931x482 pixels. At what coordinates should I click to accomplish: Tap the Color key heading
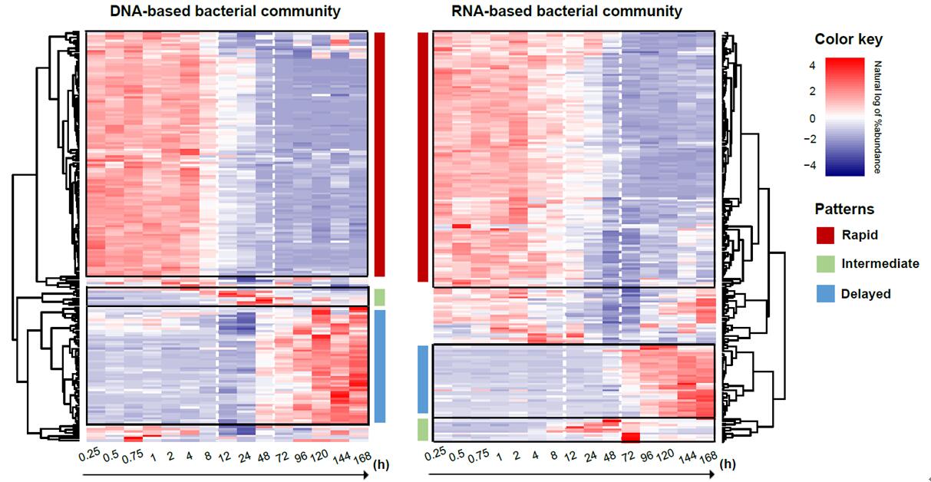point(848,39)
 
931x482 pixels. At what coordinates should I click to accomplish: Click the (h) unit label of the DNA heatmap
point(381,464)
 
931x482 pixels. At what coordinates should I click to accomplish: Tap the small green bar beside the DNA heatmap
point(379,297)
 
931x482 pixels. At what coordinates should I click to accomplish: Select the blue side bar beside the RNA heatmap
point(422,379)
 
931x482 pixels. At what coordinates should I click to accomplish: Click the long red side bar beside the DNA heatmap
point(379,154)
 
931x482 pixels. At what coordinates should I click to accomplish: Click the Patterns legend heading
point(844,209)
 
